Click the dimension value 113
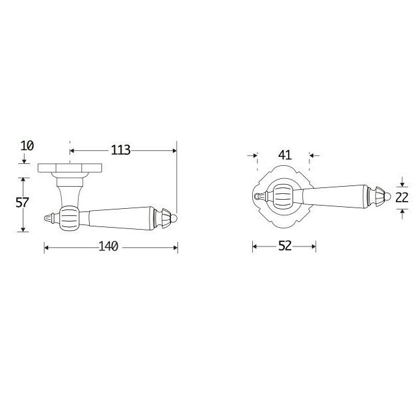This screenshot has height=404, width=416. click(x=120, y=150)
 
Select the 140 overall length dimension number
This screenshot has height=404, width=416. click(x=109, y=247)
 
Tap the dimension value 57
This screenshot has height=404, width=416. click(x=22, y=202)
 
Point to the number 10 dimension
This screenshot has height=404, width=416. click(x=27, y=146)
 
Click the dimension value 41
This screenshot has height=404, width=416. click(x=285, y=155)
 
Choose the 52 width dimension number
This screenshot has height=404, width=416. click(x=285, y=246)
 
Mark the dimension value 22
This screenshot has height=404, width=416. click(x=402, y=198)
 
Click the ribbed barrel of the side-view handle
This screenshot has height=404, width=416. click(x=70, y=218)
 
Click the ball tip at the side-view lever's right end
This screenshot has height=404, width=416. click(x=174, y=218)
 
